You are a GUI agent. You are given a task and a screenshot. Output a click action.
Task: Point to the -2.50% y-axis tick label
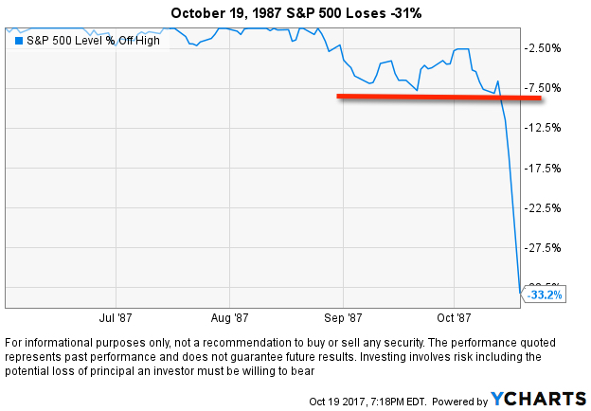coord(545,48)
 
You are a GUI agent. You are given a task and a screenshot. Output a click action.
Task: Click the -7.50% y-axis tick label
coord(545,88)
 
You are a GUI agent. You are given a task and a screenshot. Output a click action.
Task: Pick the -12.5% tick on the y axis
coord(545,128)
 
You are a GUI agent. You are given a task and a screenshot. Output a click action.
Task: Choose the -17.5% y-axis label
coord(545,168)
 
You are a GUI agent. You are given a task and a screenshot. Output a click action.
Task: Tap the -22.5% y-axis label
coord(545,207)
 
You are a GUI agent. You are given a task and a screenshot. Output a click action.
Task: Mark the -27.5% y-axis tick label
coord(545,248)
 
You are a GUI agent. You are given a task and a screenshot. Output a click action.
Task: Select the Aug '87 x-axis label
coord(229,318)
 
